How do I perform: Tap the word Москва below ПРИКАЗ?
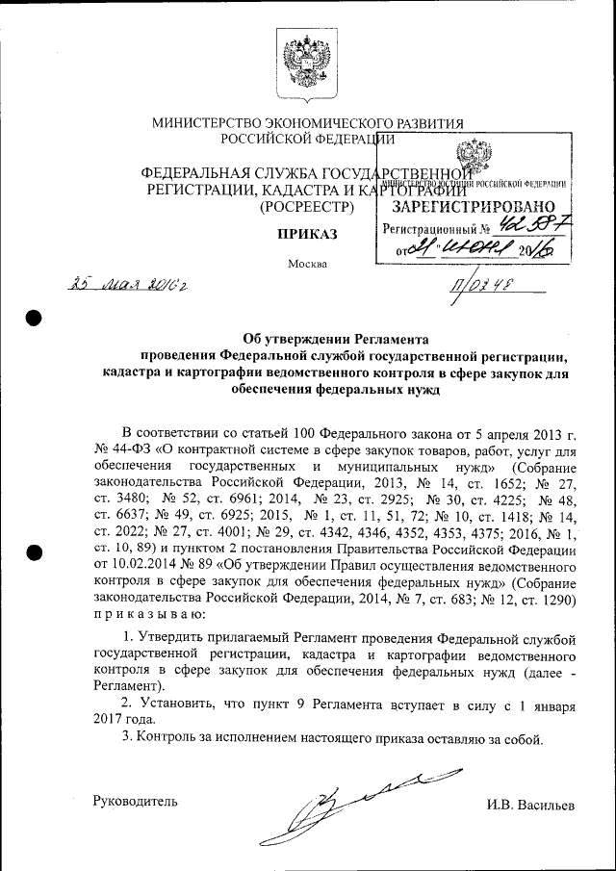(307, 264)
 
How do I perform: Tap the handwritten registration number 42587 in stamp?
(534, 228)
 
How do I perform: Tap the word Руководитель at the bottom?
(135, 802)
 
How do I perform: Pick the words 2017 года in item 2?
(123, 719)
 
